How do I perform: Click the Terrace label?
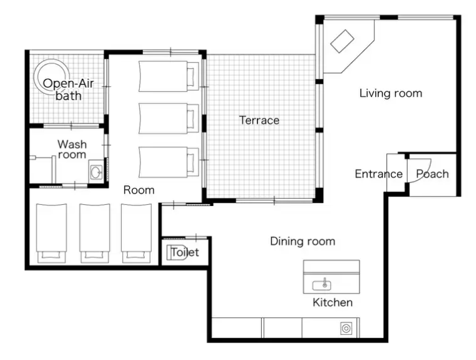pyautogui.click(x=259, y=120)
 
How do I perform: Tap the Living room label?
pyautogui.click(x=391, y=93)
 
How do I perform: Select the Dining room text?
pyautogui.click(x=303, y=241)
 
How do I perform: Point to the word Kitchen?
pyautogui.click(x=333, y=302)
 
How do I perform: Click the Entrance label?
pyautogui.click(x=378, y=174)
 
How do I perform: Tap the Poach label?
pyautogui.click(x=432, y=174)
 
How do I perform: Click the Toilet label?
pyautogui.click(x=185, y=252)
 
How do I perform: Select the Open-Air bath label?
pyautogui.click(x=68, y=90)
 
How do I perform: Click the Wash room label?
pyautogui.click(x=72, y=149)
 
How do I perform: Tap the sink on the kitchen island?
pyautogui.click(x=322, y=285)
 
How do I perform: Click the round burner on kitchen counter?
pyautogui.click(x=346, y=329)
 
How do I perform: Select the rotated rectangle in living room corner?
pyautogui.click(x=342, y=41)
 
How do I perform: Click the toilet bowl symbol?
pyautogui.click(x=177, y=252)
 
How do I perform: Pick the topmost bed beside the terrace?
pyautogui.click(x=168, y=76)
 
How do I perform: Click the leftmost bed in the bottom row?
pyautogui.click(x=51, y=233)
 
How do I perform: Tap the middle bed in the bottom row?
pyautogui.click(x=95, y=233)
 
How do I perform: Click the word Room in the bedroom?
pyautogui.click(x=139, y=190)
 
